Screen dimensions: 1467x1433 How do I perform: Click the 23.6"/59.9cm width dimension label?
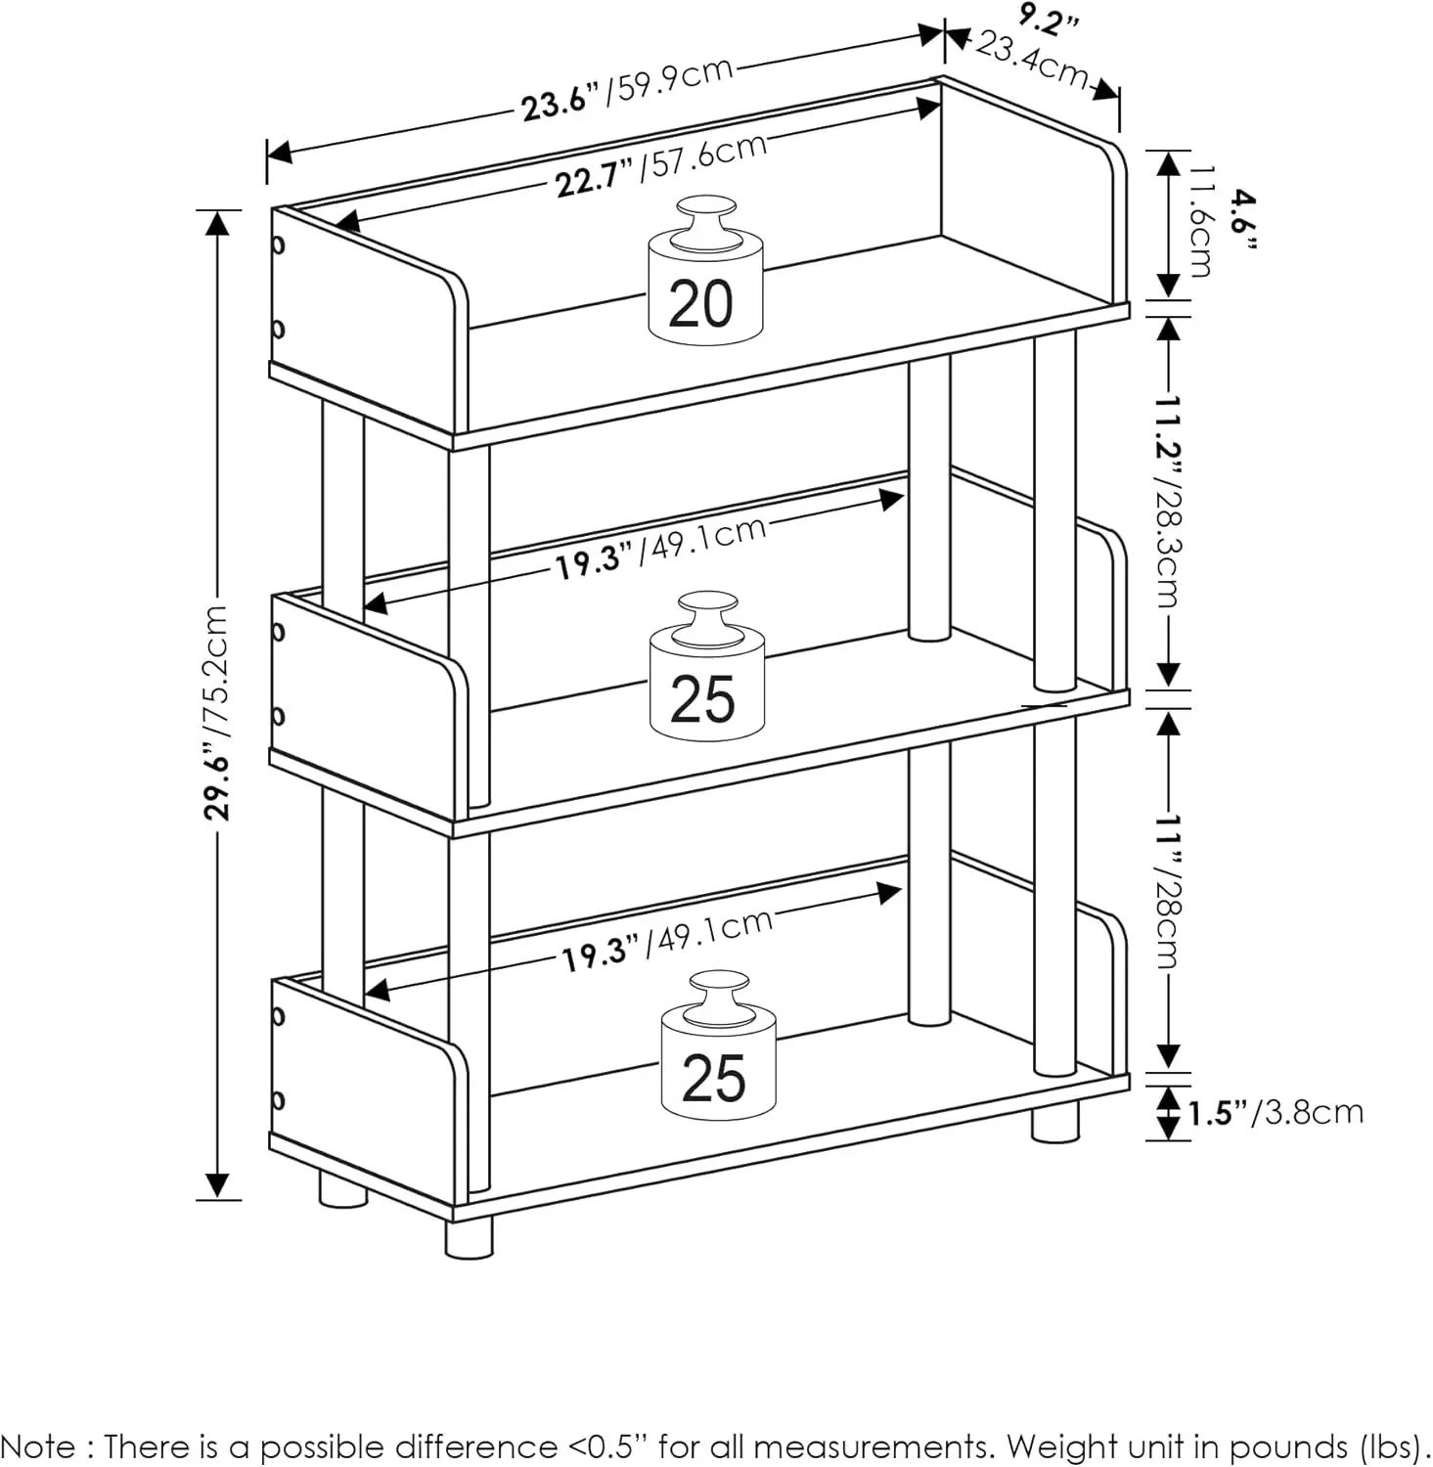tap(626, 89)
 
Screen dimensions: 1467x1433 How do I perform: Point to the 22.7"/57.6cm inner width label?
tap(660, 165)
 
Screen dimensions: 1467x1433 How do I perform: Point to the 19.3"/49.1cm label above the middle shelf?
tap(660, 547)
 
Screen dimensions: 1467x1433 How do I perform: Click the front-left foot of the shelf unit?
tap(469, 1237)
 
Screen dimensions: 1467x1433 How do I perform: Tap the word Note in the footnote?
tap(43, 1446)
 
